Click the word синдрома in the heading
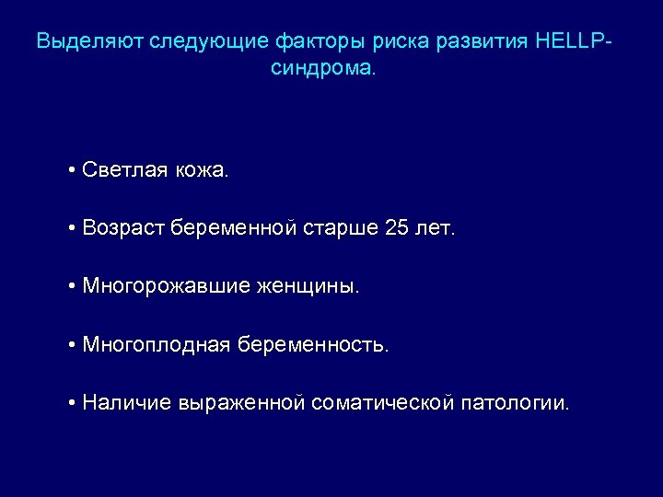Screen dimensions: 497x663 coord(323,69)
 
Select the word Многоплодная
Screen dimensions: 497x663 coord(156,345)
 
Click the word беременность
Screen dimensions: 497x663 coord(314,345)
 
